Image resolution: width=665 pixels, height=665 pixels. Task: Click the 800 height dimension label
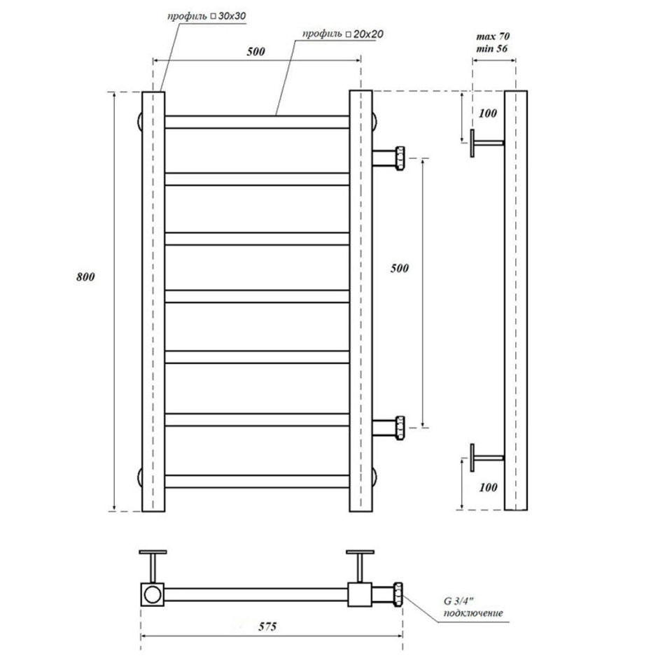pyautogui.click(x=85, y=277)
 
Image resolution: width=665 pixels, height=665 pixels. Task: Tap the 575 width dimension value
pyautogui.click(x=267, y=626)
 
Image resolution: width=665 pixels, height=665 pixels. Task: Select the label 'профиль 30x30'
pyautogui.click(x=206, y=17)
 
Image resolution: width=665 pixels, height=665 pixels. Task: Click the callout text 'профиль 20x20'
pyautogui.click(x=343, y=34)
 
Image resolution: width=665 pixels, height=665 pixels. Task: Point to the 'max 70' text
pyautogui.click(x=493, y=36)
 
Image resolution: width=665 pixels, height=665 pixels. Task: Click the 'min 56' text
pyautogui.click(x=491, y=48)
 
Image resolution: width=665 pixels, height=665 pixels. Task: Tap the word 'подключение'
pyautogui.click(x=473, y=612)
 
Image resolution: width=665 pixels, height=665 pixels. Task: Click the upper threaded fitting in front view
pyautogui.click(x=388, y=158)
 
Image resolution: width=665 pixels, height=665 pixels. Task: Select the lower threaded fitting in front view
pyautogui.click(x=388, y=428)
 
